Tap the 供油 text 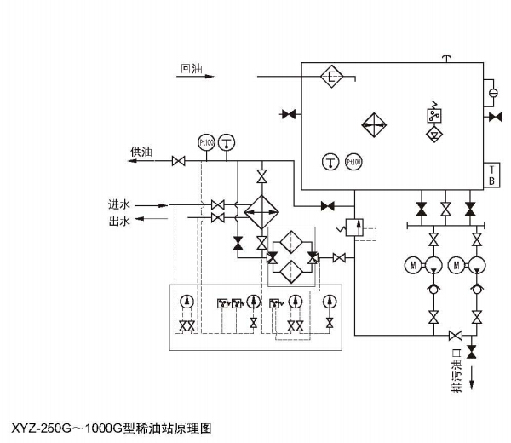(x=141, y=152)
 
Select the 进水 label (x=119, y=204)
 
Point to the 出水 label (x=119, y=221)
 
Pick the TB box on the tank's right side (x=491, y=174)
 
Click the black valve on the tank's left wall (x=290, y=114)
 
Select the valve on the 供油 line (x=179, y=161)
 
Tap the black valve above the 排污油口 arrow (x=472, y=350)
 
